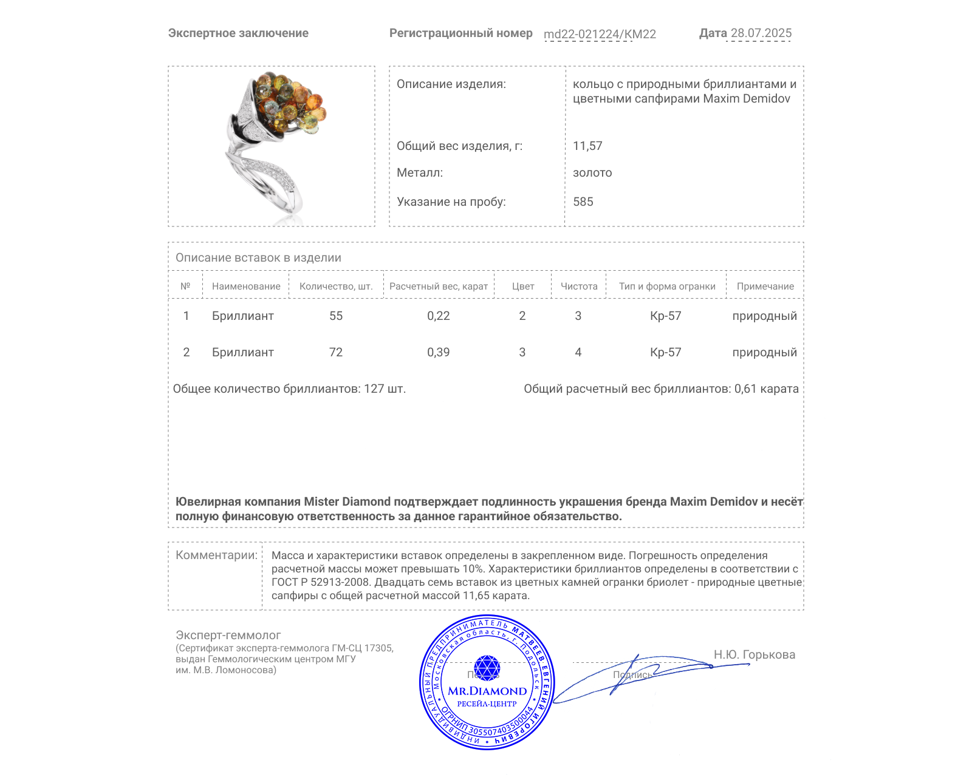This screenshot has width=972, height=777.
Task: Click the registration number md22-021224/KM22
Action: (600, 34)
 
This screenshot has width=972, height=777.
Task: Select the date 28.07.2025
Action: (761, 33)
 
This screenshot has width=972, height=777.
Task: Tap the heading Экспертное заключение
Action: (238, 33)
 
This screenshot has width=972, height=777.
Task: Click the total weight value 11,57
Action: (587, 146)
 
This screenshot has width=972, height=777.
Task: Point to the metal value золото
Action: (592, 172)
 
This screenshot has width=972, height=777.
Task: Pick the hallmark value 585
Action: (583, 202)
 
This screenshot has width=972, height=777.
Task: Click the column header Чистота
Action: (578, 286)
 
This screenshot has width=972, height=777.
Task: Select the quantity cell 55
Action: (336, 316)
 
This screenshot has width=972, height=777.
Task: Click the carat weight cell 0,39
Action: (438, 352)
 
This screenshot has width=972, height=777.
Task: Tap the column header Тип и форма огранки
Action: (667, 286)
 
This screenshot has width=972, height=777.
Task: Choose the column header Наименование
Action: (246, 286)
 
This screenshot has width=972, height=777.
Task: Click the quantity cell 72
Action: (336, 352)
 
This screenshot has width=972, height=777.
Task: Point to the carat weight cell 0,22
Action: (438, 316)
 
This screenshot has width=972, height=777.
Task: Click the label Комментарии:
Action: (216, 555)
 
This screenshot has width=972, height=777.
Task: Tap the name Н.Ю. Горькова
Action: (754, 654)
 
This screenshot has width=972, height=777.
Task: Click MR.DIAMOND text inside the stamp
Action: (487, 691)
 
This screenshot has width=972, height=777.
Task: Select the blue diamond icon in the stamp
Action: (487, 668)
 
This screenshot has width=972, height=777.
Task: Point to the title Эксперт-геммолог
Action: (228, 635)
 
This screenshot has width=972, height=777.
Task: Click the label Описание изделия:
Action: (451, 84)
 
